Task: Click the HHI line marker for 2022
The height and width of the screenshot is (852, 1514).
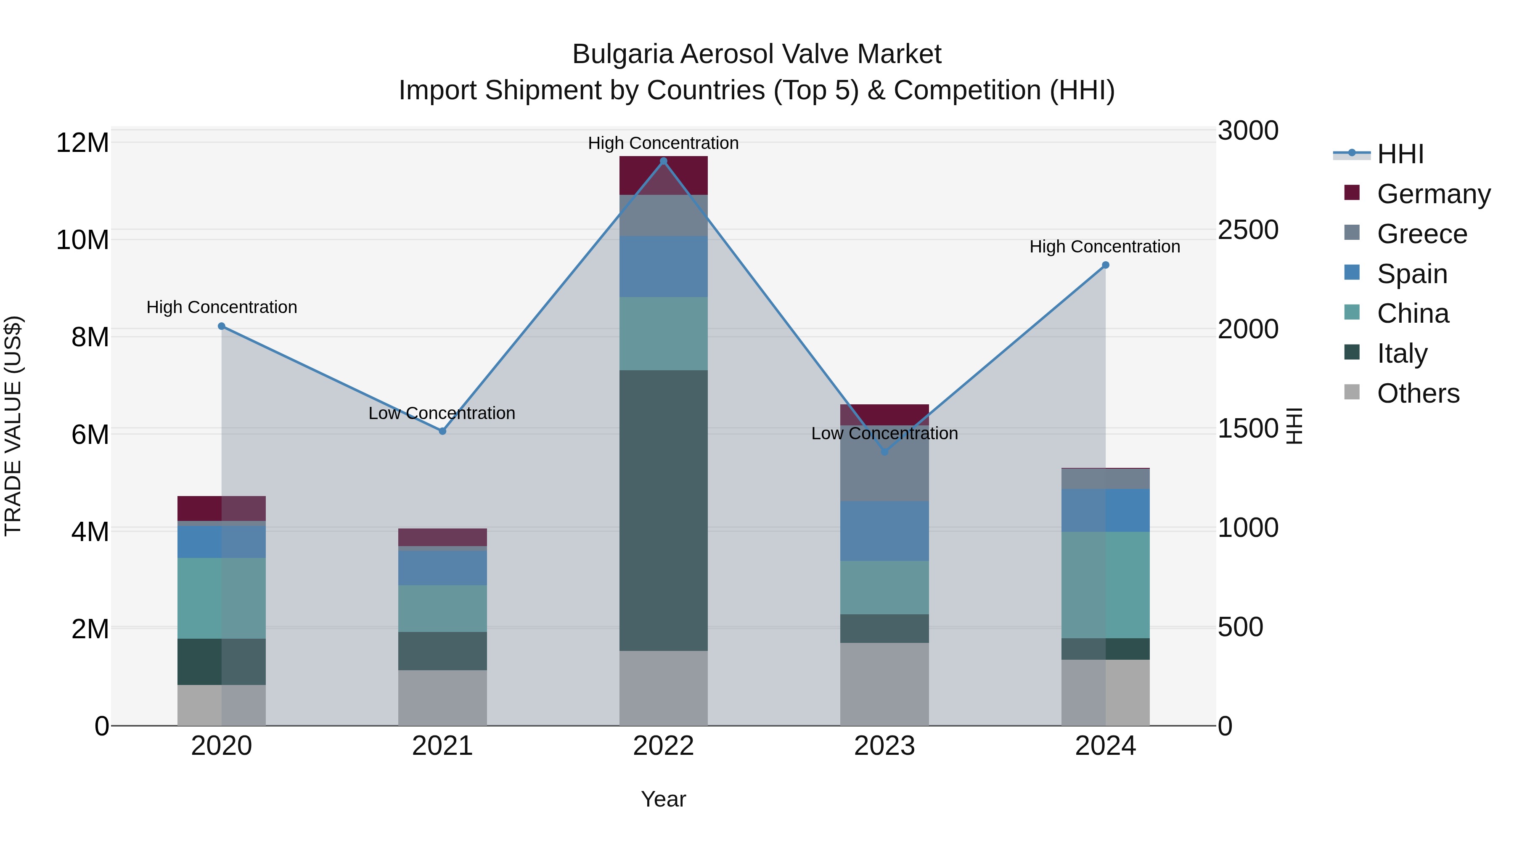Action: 664,161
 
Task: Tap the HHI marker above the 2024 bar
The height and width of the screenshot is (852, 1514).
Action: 1105,265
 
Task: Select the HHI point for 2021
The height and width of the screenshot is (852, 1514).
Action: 442,431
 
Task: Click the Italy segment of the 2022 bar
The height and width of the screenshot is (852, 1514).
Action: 664,510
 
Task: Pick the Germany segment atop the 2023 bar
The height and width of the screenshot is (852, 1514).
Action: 884,414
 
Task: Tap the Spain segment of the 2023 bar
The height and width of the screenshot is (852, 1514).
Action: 884,531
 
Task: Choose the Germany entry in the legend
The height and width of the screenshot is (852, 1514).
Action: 1433,194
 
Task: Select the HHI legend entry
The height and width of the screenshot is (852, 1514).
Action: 1400,154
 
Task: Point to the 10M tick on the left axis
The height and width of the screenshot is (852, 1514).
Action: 82,240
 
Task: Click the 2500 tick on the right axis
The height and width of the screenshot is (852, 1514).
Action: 1248,230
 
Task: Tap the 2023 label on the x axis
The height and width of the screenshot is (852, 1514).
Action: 884,746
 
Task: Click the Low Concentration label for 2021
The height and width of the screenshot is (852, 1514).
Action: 442,413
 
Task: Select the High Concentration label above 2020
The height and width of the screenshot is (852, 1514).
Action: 222,307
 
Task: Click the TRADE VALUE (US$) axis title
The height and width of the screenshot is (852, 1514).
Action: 13,426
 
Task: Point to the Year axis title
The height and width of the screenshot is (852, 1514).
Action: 664,799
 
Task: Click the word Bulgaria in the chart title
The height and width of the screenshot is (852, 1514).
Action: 622,54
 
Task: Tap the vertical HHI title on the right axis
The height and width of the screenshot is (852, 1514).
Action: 1295,426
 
